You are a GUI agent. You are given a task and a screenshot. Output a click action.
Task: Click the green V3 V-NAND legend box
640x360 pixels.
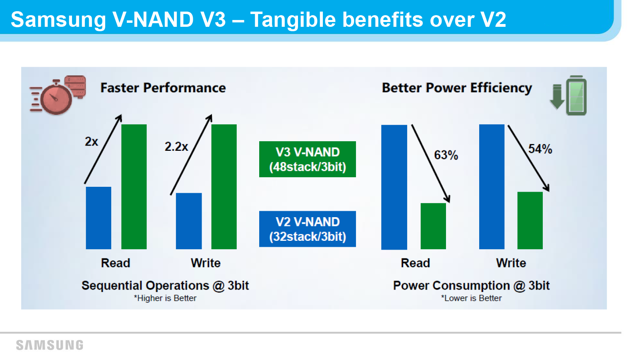pyautogui.click(x=308, y=159)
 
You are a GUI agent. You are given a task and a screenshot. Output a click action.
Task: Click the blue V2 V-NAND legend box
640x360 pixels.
pyautogui.click(x=308, y=229)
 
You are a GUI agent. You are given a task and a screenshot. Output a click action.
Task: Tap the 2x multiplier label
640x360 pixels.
pyautogui.click(x=92, y=142)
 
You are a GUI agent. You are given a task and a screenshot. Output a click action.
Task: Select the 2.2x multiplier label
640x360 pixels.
pyautogui.click(x=176, y=146)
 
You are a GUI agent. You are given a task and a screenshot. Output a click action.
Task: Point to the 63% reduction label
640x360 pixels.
pyautogui.click(x=446, y=155)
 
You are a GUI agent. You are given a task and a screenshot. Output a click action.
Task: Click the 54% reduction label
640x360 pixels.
pyautogui.click(x=540, y=149)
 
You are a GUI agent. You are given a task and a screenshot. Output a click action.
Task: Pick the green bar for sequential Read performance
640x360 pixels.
pyautogui.click(x=134, y=186)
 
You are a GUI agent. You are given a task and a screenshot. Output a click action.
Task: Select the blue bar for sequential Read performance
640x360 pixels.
pyautogui.click(x=98, y=218)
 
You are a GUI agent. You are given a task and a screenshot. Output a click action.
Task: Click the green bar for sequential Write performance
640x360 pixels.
pyautogui.click(x=224, y=186)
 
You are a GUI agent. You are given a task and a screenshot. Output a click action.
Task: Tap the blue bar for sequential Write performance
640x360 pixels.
pyautogui.click(x=189, y=221)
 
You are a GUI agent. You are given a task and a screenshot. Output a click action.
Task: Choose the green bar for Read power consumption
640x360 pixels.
pyautogui.click(x=433, y=226)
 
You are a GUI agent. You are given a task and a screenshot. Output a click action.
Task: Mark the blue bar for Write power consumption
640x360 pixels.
pyautogui.click(x=492, y=186)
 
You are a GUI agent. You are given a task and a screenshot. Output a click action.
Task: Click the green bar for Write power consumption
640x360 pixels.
pyautogui.click(x=530, y=220)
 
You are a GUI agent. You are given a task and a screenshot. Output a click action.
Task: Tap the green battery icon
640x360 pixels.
pyautogui.click(x=576, y=96)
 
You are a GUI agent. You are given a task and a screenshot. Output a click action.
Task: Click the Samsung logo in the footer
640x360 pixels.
pyautogui.click(x=50, y=345)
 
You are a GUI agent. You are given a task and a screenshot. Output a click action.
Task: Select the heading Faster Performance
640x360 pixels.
pyautogui.click(x=163, y=88)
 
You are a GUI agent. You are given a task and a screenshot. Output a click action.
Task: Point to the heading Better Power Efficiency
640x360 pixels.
pyautogui.click(x=457, y=88)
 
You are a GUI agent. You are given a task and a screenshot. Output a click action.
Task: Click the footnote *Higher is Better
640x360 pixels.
pyautogui.click(x=165, y=298)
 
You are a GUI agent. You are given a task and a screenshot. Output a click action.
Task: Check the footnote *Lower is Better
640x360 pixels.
pyautogui.click(x=472, y=298)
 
